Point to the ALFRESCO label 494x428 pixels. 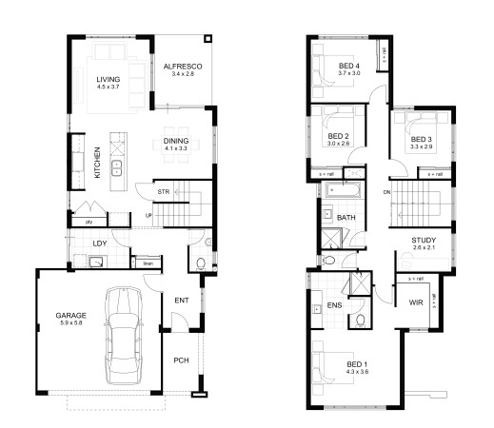tap(178, 66)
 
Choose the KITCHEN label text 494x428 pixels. tap(96, 163)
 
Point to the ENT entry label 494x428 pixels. tap(181, 302)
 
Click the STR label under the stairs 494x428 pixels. tap(164, 192)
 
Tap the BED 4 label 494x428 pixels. tap(350, 65)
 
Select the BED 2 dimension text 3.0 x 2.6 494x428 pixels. tap(340, 145)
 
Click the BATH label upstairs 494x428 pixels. tap(347, 218)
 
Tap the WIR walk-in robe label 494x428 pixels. tap(414, 302)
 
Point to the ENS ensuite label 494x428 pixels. tap(334, 304)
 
